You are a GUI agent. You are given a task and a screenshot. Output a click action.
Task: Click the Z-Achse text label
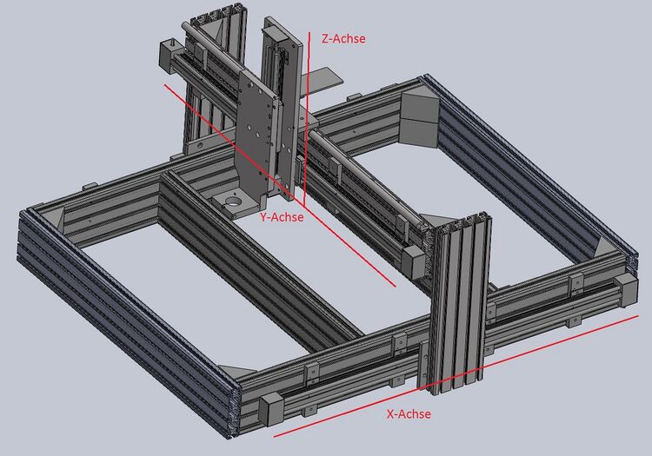tap(343, 38)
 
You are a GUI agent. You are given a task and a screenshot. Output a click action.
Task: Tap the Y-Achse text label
tap(282, 217)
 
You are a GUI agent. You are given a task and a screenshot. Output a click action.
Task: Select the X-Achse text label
tap(409, 413)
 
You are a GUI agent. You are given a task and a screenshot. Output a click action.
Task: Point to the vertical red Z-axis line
tap(307, 118)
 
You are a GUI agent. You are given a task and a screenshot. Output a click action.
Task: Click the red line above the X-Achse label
tap(456, 376)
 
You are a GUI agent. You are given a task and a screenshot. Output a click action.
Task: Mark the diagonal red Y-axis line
tap(280, 186)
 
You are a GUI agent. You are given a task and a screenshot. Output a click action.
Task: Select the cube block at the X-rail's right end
tap(625, 290)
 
